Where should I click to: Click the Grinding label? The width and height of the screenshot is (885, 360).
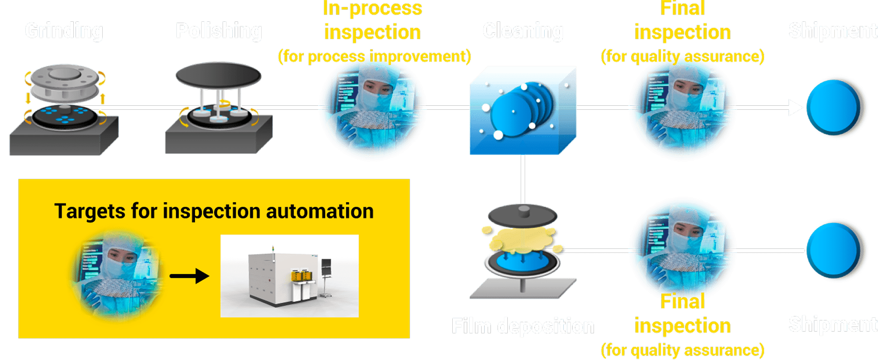point(64,31)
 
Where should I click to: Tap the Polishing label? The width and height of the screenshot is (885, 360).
point(219,31)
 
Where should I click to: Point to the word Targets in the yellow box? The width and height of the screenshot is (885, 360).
point(89,211)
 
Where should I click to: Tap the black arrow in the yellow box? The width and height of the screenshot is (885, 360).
point(190,276)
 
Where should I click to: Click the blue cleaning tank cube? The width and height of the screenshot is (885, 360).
point(523,111)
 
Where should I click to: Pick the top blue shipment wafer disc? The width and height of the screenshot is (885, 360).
point(835,107)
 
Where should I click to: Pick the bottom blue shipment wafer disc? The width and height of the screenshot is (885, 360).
point(835,250)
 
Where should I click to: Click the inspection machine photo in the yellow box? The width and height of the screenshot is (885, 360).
point(289,276)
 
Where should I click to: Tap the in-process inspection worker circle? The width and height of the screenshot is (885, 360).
point(372,110)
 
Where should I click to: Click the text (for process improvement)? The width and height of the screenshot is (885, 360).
point(374,56)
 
